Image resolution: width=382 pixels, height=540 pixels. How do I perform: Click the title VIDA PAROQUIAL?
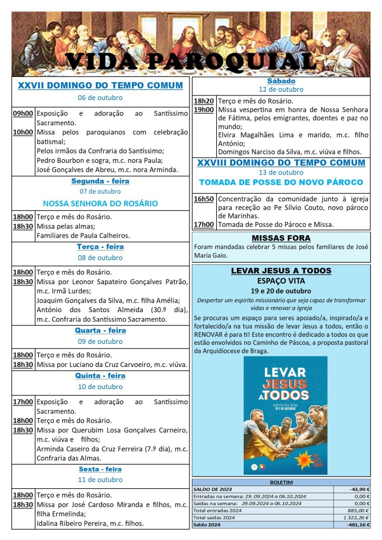pyautogui.click(x=190, y=62)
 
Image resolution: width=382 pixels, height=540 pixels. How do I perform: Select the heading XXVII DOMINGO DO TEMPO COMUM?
pyautogui.click(x=100, y=85)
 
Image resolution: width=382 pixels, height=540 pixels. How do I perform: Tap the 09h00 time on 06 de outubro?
pyautogui.click(x=23, y=113)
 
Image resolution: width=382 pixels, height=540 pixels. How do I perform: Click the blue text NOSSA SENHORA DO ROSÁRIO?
pyautogui.click(x=100, y=203)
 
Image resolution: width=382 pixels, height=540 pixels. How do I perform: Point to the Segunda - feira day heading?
pyautogui.click(x=100, y=181)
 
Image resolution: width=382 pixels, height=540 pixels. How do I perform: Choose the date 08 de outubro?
pyautogui.click(x=100, y=258)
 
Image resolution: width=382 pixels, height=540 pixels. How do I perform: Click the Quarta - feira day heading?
pyautogui.click(x=100, y=331)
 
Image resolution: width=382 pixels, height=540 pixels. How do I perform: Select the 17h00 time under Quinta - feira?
pyautogui.click(x=23, y=402)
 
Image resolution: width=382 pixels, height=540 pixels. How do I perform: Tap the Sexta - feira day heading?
pyautogui.click(x=100, y=469)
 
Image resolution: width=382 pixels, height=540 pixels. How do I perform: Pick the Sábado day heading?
pyautogui.click(x=281, y=81)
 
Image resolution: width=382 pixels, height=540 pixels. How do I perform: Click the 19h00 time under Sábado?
pyautogui.click(x=204, y=110)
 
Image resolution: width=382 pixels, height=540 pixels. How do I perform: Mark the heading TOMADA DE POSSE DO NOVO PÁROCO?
pyautogui.click(x=281, y=182)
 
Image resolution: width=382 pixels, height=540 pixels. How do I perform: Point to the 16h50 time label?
pyautogui.click(x=204, y=199)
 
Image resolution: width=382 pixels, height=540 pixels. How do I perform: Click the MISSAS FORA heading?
pyautogui.click(x=281, y=238)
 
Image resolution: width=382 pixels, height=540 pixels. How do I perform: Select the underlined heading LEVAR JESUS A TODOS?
pyautogui.click(x=281, y=271)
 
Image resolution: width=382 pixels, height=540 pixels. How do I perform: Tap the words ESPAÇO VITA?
pyautogui.click(x=281, y=281)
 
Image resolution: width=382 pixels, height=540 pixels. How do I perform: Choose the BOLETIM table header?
pyautogui.click(x=281, y=482)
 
